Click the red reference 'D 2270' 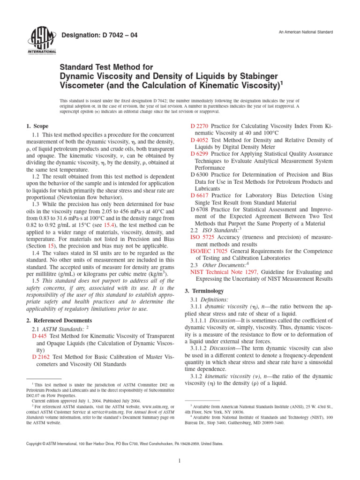(x=200, y=127)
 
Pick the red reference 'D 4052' (x=200, y=140)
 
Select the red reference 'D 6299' (x=200, y=154)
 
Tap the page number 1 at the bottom (x=180, y=461)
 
